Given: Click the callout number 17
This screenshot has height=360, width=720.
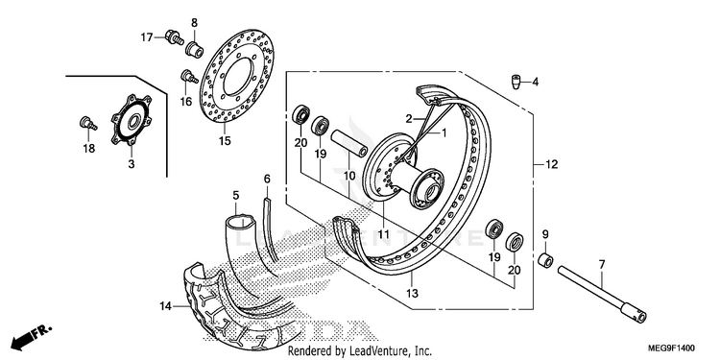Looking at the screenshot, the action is tap(147, 37).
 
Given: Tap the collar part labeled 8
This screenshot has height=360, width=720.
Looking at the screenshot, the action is tap(195, 48).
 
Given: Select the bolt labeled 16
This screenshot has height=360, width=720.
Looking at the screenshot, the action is tap(187, 77).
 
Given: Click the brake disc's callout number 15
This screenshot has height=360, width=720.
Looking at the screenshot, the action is tap(225, 141).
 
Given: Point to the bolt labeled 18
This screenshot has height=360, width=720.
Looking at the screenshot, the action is tap(87, 123).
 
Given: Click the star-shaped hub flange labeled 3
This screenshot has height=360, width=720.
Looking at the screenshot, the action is tap(131, 120).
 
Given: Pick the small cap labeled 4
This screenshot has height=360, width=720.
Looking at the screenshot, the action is tap(516, 84).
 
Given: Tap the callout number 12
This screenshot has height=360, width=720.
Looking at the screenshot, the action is tap(551, 164).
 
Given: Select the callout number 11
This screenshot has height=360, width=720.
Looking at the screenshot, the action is tap(383, 234).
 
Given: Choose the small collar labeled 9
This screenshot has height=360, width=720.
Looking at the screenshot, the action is tap(545, 260).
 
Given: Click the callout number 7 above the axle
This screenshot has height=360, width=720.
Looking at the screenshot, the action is tap(602, 265).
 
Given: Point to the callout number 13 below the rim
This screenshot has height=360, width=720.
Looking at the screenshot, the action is tap(413, 293).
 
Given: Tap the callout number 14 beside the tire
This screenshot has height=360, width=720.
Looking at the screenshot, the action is tap(166, 306).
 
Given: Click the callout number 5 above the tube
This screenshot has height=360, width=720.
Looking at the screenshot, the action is tap(236, 196).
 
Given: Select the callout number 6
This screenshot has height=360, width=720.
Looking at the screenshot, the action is tap(267, 179).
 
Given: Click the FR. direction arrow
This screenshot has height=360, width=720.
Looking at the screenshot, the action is tap(32, 337).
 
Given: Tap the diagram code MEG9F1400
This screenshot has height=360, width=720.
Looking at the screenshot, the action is tap(671, 348).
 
